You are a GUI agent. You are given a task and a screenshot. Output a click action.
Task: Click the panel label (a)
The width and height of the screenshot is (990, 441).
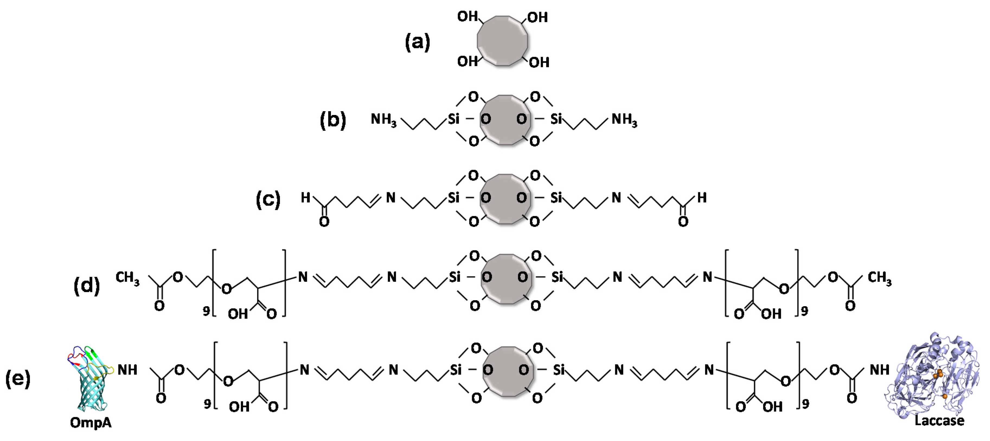click(417, 42)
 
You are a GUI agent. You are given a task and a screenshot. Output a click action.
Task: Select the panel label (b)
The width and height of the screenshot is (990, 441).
click(333, 120)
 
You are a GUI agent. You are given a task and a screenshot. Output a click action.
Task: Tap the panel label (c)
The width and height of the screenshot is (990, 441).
click(268, 199)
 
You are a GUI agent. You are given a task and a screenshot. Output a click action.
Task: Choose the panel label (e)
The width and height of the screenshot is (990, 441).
click(18, 378)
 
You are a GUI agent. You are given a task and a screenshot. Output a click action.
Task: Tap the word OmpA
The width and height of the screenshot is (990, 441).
click(91, 423)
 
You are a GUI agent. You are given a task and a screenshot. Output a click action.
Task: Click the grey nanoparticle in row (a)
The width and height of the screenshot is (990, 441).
click(502, 41)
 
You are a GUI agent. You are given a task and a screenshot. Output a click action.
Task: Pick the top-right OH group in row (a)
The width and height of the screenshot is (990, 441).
click(537, 18)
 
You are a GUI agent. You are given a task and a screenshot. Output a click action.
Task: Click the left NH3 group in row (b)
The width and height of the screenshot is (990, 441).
click(383, 120)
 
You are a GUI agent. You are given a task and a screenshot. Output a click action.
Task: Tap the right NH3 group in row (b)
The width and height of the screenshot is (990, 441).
click(624, 120)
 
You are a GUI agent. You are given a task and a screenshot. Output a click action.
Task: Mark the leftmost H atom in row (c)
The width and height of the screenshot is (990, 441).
click(306, 198)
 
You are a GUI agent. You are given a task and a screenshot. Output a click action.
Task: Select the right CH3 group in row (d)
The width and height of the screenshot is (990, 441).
click(880, 278)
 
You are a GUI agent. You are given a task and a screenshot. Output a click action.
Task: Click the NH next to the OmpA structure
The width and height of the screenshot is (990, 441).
click(127, 370)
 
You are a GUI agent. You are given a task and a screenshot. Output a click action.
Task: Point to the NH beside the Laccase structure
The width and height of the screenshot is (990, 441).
click(879, 370)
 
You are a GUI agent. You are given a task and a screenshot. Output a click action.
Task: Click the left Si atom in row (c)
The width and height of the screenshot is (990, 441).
click(453, 198)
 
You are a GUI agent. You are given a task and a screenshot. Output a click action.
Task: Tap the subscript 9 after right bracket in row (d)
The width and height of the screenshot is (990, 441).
click(804, 311)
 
